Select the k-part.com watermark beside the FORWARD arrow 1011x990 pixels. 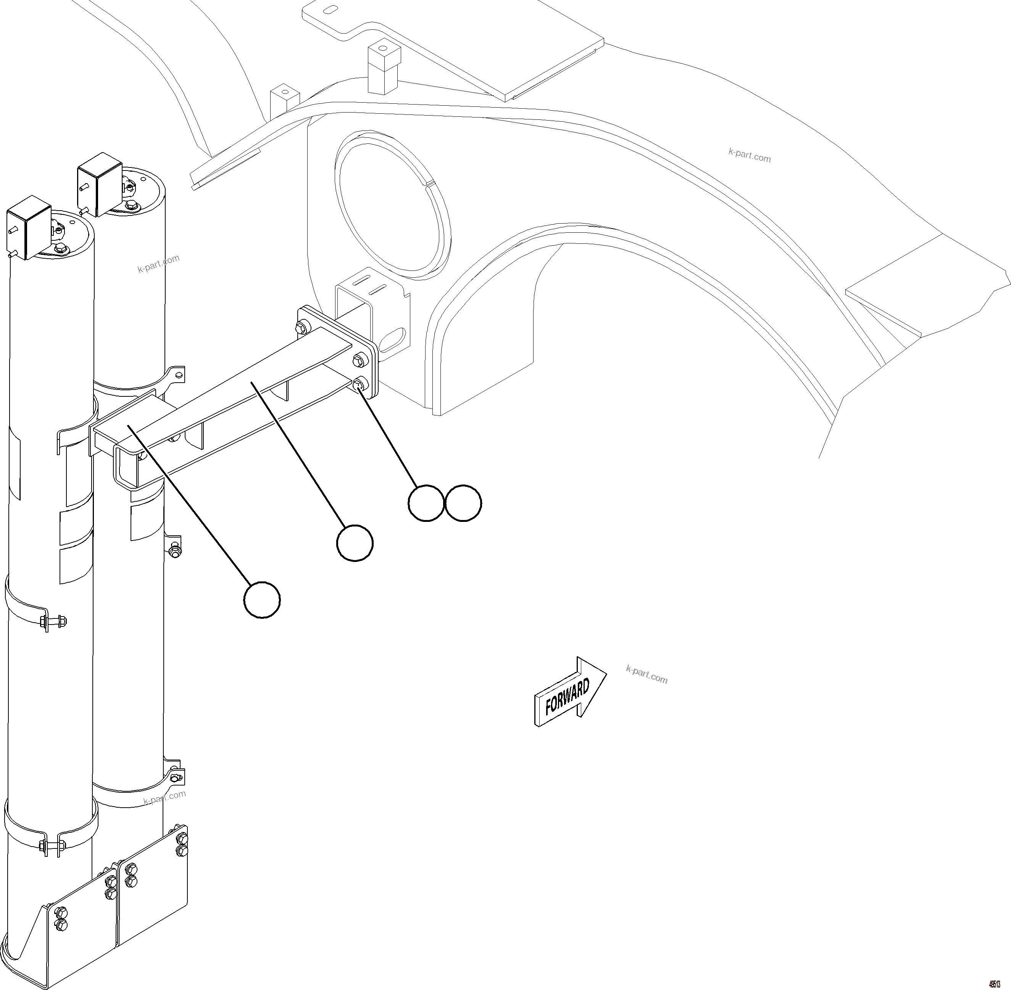(x=647, y=674)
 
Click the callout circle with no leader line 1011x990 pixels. (x=463, y=503)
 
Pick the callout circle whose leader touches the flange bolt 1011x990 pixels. (x=426, y=503)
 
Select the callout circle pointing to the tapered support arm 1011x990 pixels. (x=355, y=543)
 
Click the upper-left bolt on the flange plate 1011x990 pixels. (x=301, y=328)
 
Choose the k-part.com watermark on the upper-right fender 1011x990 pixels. (x=750, y=155)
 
